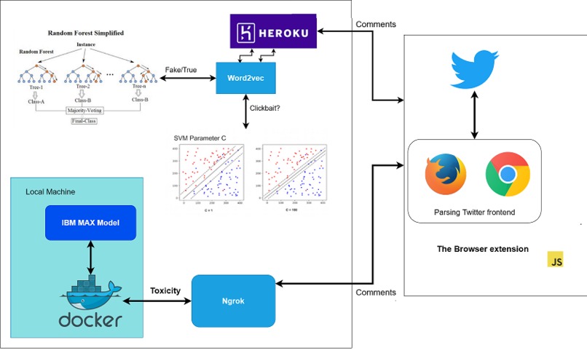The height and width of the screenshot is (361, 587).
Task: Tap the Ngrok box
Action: pos(234,300)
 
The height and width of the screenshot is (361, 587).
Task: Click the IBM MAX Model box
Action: pos(90,223)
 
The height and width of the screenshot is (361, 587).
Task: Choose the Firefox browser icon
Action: pos(446,175)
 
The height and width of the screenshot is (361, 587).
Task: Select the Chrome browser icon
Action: pos(508,175)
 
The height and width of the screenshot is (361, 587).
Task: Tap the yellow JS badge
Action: pos(556,260)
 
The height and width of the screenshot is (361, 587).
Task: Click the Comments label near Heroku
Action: pos(376,25)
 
